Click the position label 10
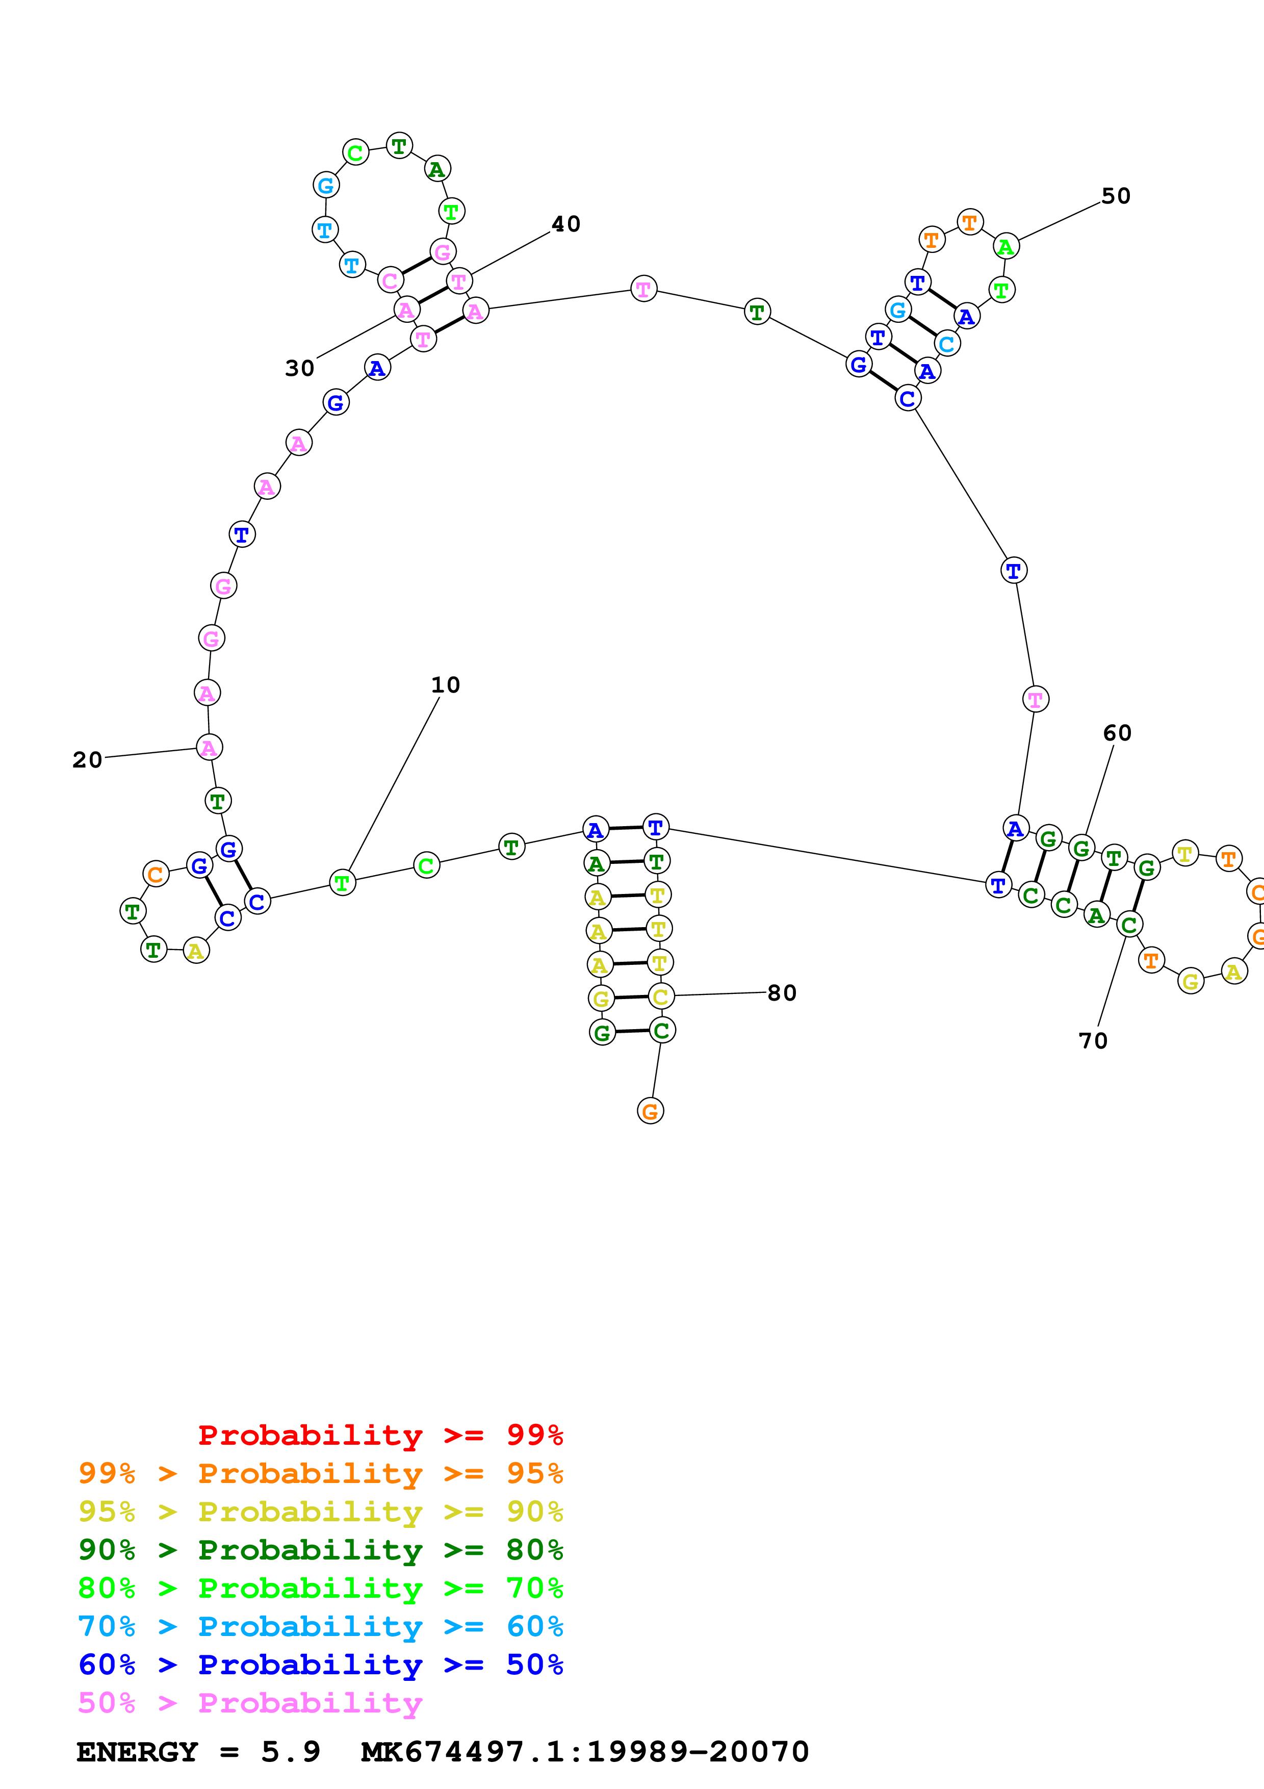[446, 685]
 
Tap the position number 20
[87, 760]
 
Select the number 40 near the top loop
[566, 224]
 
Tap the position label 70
[1093, 1041]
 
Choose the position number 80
[782, 993]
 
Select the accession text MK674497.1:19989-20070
[585, 1752]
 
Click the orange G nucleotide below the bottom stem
[650, 1111]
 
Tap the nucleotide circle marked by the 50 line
[1006, 246]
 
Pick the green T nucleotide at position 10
[342, 883]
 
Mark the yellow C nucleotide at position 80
[660, 996]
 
